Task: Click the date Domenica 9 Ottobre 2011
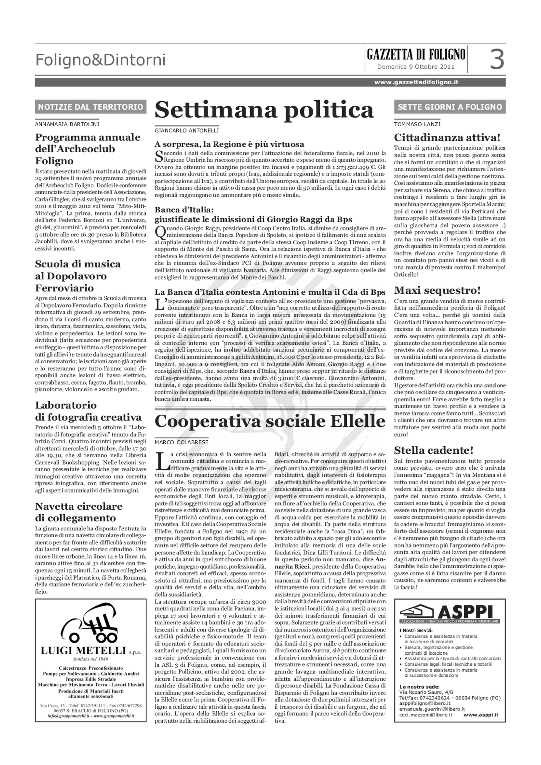coord(415,67)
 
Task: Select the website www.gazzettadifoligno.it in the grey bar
coord(416,82)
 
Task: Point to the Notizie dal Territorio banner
coord(91,107)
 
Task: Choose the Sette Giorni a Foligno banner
coord(450,107)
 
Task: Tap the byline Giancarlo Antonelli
coord(187,131)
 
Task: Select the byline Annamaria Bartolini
coord(67,124)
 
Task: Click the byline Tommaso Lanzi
coord(417,124)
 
